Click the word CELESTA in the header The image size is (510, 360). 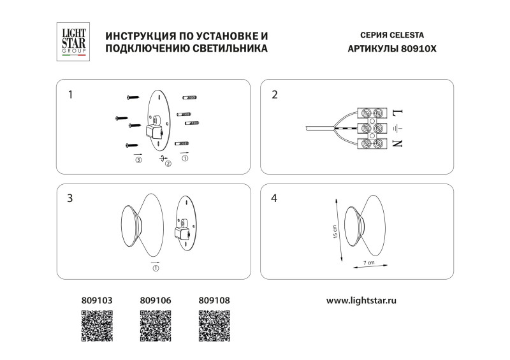pos(405,35)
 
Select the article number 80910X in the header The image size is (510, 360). pos(419,48)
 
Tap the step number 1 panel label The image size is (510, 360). pos(70,95)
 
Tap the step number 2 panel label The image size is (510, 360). pos(275,95)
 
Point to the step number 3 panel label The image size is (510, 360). pos(70,198)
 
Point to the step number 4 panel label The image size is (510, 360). pos(275,198)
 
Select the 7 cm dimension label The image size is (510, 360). pos(368,262)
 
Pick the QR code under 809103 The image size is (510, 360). pos(97,326)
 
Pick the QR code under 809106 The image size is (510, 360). pos(156,326)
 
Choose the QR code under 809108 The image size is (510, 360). pos(214,326)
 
